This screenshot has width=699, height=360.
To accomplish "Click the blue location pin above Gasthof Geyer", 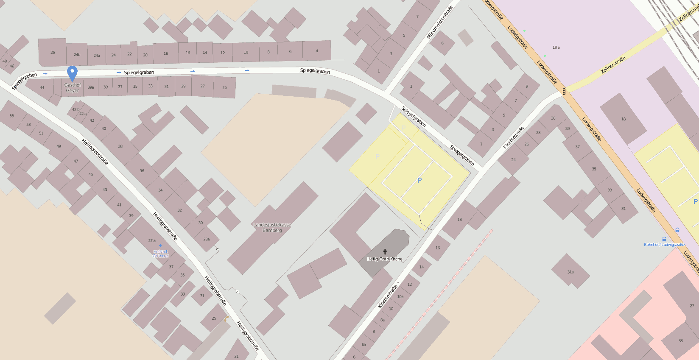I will (73, 73).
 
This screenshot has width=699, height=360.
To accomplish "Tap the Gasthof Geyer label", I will (73, 88).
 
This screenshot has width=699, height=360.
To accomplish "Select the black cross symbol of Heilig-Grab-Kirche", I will (385, 252).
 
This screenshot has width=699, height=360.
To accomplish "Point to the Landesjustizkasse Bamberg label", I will (272, 228).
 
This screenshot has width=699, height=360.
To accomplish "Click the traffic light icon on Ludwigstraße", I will (564, 91).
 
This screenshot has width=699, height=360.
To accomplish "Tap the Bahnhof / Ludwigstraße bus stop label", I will (664, 245).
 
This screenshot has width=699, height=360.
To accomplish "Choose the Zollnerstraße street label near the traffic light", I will (613, 65).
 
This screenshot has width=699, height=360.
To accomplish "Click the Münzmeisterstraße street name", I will (440, 22).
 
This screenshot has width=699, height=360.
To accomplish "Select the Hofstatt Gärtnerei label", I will (160, 254).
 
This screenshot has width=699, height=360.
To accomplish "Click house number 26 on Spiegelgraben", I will (53, 53).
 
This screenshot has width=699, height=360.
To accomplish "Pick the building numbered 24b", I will (77, 55).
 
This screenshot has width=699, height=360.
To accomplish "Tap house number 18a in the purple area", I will (556, 47).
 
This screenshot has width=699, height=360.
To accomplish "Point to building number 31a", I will (570, 272).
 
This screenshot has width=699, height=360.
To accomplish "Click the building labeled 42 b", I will (75, 109).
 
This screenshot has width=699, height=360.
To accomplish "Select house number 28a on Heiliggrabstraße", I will (206, 239).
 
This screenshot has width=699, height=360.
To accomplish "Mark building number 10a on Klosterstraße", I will (400, 296).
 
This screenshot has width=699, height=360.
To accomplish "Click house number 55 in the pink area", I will (681, 341).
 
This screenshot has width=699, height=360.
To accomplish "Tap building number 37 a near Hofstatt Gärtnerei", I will (152, 240).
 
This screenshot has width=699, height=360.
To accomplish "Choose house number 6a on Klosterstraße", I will (363, 345).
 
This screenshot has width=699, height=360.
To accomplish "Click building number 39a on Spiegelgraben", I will (91, 87).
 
